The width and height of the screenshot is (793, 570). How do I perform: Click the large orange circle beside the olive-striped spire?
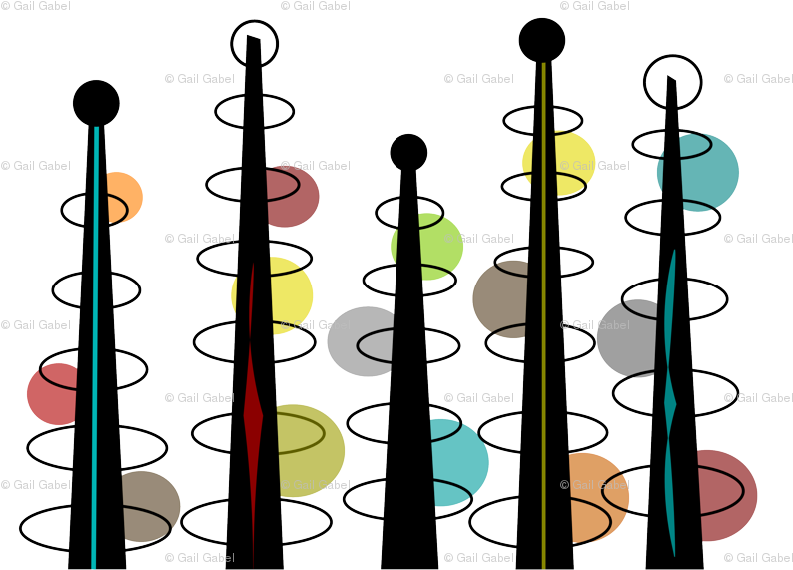(594, 497)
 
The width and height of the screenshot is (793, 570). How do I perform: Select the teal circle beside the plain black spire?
(457, 462)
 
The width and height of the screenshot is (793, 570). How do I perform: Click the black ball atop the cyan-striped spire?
(96, 103)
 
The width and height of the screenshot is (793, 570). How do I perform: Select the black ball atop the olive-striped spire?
(542, 40)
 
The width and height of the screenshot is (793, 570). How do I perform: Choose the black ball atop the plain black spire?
(408, 152)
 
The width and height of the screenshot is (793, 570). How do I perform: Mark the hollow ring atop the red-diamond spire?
(255, 43)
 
